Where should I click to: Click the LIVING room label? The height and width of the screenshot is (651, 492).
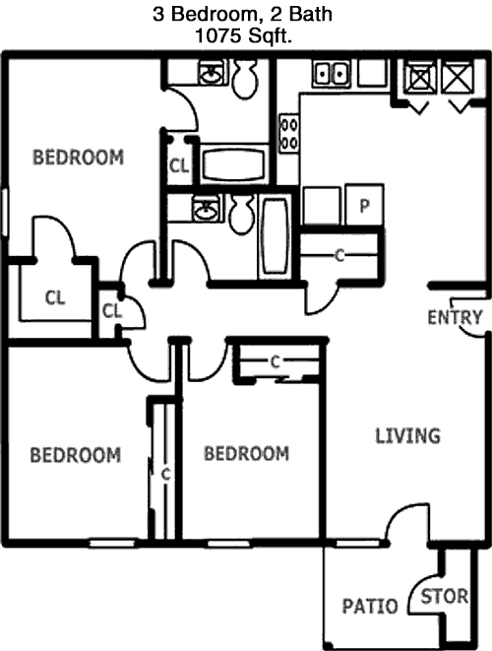tap(407, 436)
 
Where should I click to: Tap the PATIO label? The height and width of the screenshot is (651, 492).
tap(370, 606)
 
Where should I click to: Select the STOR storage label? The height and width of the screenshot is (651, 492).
tap(445, 597)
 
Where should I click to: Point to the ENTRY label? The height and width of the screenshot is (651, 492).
tap(455, 317)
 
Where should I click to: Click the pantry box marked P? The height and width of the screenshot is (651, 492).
tap(364, 204)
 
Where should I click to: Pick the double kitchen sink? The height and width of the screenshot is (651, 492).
tap(331, 74)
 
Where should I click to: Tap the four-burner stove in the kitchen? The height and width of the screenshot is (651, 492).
tap(288, 134)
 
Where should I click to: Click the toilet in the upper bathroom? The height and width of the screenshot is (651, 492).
tap(245, 79)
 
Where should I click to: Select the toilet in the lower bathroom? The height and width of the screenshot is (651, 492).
tap(241, 214)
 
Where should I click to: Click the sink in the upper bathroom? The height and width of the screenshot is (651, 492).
tap(212, 73)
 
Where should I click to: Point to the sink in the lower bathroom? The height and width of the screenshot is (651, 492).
tap(206, 209)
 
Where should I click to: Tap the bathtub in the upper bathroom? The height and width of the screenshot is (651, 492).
tap(233, 164)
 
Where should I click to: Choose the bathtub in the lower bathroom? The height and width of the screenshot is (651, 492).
tap(275, 235)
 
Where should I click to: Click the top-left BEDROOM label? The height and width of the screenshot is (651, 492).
tap(78, 158)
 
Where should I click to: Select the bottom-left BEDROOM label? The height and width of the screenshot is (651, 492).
tap(76, 455)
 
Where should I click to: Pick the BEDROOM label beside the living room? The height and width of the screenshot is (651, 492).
tap(246, 453)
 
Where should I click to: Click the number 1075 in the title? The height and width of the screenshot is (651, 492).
tap(218, 36)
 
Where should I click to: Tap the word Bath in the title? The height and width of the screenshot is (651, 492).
tap(311, 14)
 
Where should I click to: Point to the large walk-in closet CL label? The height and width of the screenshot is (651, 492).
tap(55, 297)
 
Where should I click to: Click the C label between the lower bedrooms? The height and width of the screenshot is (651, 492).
tap(166, 474)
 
